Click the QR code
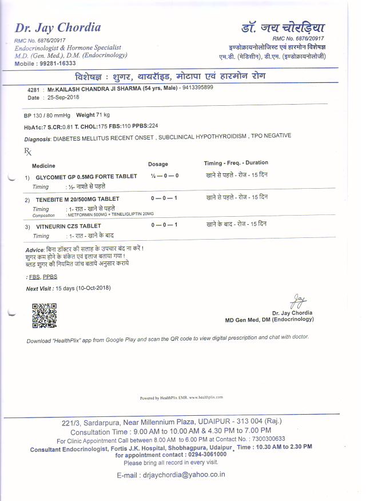click(44, 316)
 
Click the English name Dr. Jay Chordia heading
click(58, 27)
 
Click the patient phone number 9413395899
click(197, 88)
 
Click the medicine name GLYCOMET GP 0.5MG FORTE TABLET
click(86, 177)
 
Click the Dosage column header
click(158, 164)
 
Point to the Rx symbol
click(27, 152)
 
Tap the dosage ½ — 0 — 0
click(164, 176)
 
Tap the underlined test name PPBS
click(50, 277)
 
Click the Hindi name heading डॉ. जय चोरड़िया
click(283, 26)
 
